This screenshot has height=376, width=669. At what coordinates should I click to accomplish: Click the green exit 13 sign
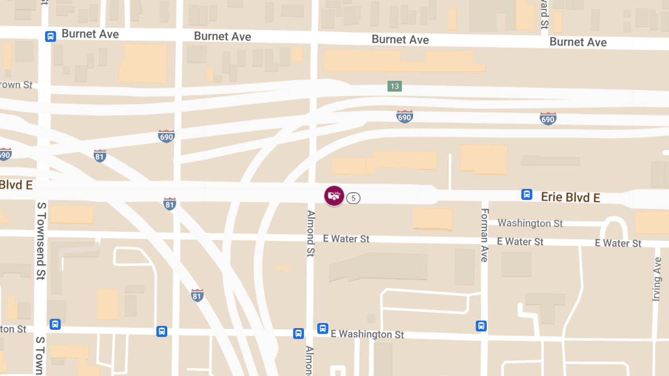pyautogui.click(x=395, y=86)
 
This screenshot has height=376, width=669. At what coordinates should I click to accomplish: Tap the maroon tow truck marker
pyautogui.click(x=334, y=196)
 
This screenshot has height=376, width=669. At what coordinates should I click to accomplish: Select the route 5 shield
pyautogui.click(x=353, y=198)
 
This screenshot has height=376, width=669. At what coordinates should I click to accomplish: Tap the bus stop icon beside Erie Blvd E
pyautogui.click(x=526, y=194)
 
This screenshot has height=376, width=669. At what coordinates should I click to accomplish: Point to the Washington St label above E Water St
pyautogui.click(x=530, y=223)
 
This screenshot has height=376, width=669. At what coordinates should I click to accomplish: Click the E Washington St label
pyautogui.click(x=367, y=334)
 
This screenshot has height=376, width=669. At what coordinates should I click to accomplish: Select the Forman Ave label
pyautogui.click(x=484, y=235)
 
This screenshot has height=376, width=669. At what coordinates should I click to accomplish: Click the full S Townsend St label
pyautogui.click(x=41, y=241)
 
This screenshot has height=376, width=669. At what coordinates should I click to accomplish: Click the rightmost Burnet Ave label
pyautogui.click(x=578, y=42)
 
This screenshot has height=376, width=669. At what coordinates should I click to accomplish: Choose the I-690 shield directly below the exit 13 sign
pyautogui.click(x=404, y=116)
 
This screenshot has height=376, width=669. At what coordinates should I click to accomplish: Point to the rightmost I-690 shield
pyautogui.click(x=548, y=118)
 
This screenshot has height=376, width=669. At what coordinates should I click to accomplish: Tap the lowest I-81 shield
pyautogui.click(x=197, y=295)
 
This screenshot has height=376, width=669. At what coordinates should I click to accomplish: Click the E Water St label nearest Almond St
pyautogui.click(x=346, y=239)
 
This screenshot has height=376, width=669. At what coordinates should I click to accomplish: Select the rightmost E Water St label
pyautogui.click(x=618, y=243)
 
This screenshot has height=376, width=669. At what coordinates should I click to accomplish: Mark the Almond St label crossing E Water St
pyautogui.click(x=311, y=233)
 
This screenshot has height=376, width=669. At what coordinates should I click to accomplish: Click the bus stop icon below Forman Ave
pyautogui.click(x=481, y=326)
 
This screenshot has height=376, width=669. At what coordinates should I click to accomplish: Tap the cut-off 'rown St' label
pyautogui.click(x=17, y=85)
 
